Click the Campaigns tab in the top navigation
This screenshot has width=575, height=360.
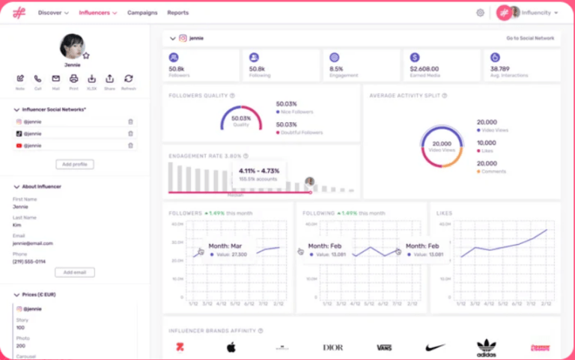tap(142, 13)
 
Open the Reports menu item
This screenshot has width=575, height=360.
tap(177, 13)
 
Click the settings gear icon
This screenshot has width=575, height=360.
tap(480, 13)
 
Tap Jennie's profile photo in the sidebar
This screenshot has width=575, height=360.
tap(72, 46)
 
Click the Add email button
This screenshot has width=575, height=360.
tap(75, 272)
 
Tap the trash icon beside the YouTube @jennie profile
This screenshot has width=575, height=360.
tap(130, 145)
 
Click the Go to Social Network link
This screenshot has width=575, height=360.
tap(530, 37)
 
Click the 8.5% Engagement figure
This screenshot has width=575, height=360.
tap(336, 69)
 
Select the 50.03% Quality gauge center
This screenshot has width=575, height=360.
tap(240, 120)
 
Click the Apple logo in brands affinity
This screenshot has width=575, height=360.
tap(231, 347)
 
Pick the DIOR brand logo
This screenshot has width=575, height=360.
tap(332, 347)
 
